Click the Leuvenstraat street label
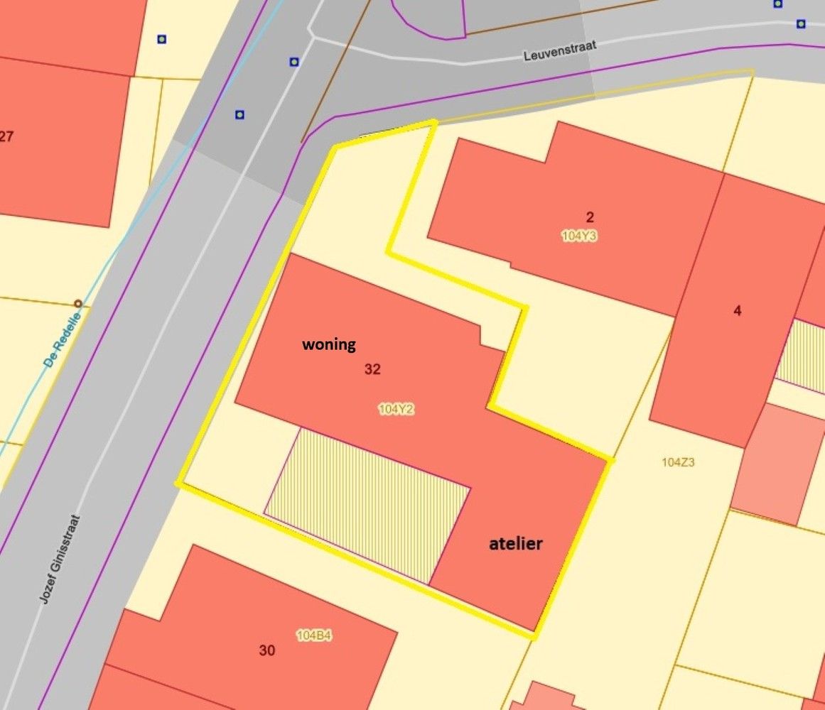point(560,50)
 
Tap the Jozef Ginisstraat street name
point(60,559)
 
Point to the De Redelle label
point(61,342)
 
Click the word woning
point(329,345)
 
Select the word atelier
point(516,544)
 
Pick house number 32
point(372,369)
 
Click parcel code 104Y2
point(396,409)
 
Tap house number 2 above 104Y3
point(590,217)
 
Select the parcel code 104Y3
point(579,236)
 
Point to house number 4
point(737,310)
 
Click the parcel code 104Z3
point(677,462)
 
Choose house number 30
point(267,650)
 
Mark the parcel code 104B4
point(313,635)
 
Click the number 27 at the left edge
point(6,136)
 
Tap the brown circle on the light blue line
point(78,305)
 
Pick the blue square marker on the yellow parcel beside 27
point(162,39)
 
